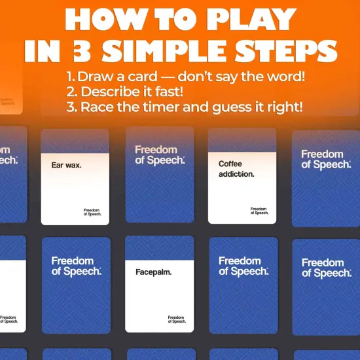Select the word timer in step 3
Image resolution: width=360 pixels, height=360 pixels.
(172, 107)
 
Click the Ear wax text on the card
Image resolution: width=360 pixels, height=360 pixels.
(66, 165)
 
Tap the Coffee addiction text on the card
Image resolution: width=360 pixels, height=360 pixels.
(236, 169)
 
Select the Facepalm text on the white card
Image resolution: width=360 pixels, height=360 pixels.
(153, 272)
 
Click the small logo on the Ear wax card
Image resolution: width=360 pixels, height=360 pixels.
(92, 211)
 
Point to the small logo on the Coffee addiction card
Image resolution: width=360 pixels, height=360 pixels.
(259, 211)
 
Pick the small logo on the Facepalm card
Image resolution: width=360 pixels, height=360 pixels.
(176, 319)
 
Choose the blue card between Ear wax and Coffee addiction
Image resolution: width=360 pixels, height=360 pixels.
(160, 175)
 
